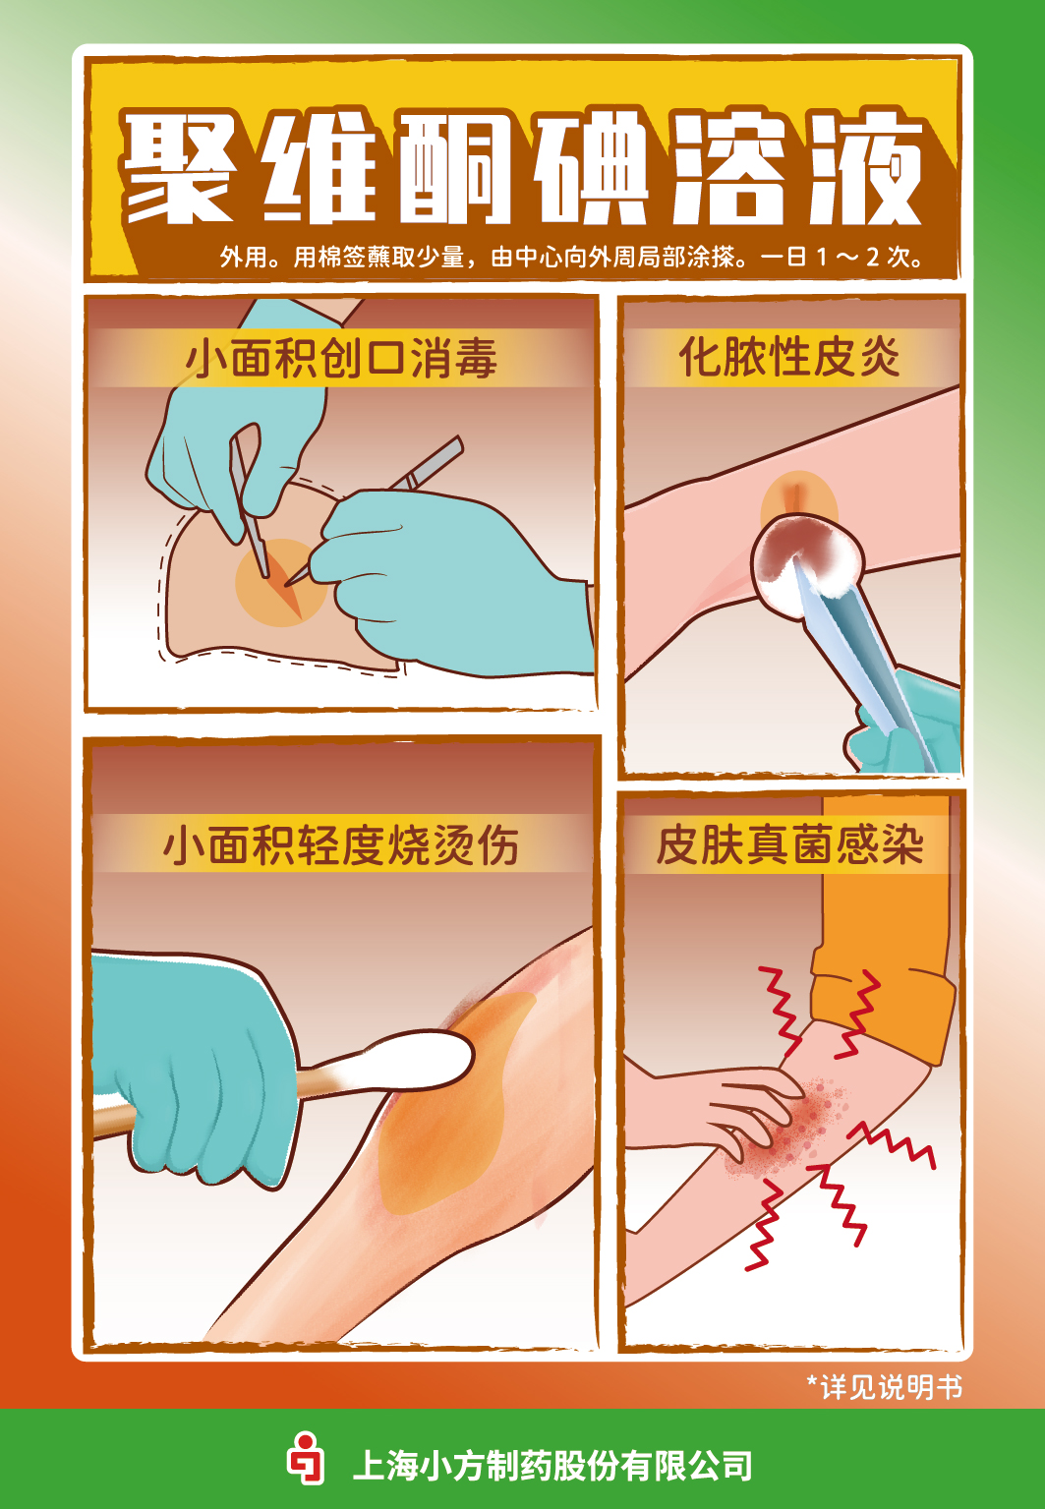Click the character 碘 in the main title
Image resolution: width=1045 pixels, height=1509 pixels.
coord(592,169)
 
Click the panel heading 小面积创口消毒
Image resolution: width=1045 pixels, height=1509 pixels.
coord(341,358)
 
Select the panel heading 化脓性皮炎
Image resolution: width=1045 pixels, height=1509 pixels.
coord(789,356)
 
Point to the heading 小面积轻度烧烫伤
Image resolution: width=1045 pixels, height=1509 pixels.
coord(340,844)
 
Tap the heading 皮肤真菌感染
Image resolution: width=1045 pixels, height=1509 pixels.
coord(789,844)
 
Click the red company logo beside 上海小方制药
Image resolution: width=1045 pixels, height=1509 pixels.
coord(306,1459)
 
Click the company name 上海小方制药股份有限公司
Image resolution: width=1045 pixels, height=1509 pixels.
coord(552,1466)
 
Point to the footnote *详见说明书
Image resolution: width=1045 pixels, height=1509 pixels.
coord(884,1386)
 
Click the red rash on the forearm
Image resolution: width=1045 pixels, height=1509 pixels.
coord(786,1126)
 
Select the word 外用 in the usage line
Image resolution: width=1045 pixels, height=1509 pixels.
coord(243,258)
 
